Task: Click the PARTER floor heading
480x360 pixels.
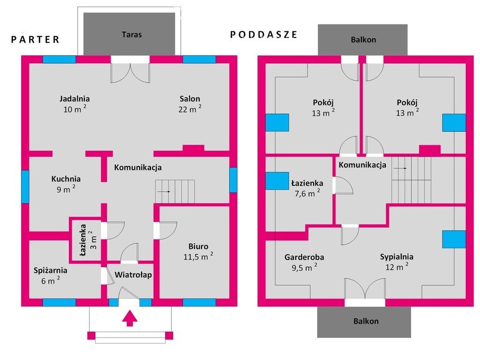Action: (x=35, y=39)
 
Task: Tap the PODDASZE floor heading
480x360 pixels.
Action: (x=263, y=35)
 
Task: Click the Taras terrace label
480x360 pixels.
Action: (x=132, y=35)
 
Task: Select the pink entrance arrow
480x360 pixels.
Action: (x=129, y=318)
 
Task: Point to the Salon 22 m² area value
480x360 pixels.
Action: (x=190, y=109)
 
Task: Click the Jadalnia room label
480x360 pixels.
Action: (x=75, y=99)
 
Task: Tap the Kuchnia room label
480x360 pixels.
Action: (x=66, y=179)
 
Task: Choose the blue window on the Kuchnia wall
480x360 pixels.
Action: (x=25, y=187)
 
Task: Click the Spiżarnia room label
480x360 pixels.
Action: (x=51, y=270)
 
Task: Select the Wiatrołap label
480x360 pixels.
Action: (x=133, y=275)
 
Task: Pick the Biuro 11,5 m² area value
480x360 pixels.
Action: (x=198, y=256)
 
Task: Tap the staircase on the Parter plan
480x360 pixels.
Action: (x=175, y=192)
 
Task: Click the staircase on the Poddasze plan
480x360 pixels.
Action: (x=411, y=180)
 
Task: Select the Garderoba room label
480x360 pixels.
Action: (x=304, y=257)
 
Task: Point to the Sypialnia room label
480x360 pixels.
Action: (x=397, y=257)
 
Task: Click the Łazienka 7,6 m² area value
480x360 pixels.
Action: (x=307, y=193)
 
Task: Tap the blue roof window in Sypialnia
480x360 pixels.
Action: (x=454, y=239)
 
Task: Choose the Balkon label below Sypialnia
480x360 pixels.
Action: (x=366, y=321)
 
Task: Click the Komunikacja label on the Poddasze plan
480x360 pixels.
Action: (x=362, y=165)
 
